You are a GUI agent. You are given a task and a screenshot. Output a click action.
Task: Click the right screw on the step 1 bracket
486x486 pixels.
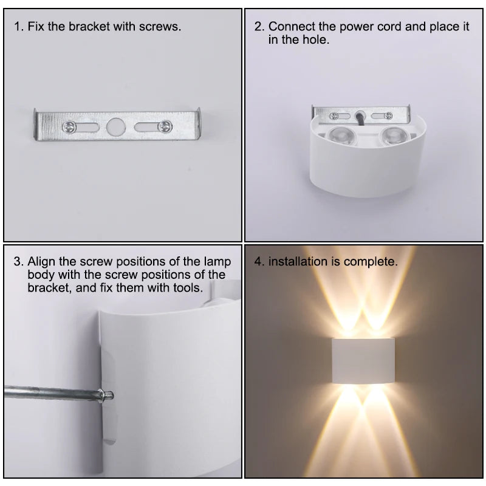pos(163,126)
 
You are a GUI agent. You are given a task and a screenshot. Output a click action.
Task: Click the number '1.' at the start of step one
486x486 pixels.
pos(19,27)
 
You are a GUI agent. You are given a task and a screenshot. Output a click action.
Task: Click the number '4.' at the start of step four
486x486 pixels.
pos(259,262)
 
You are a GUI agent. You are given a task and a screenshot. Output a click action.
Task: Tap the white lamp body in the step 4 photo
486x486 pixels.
pos(363,362)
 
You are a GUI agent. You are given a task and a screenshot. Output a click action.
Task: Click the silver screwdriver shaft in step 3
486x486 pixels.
pos(49,392)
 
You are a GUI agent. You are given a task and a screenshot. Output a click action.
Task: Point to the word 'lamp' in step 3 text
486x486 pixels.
pos(218,262)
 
